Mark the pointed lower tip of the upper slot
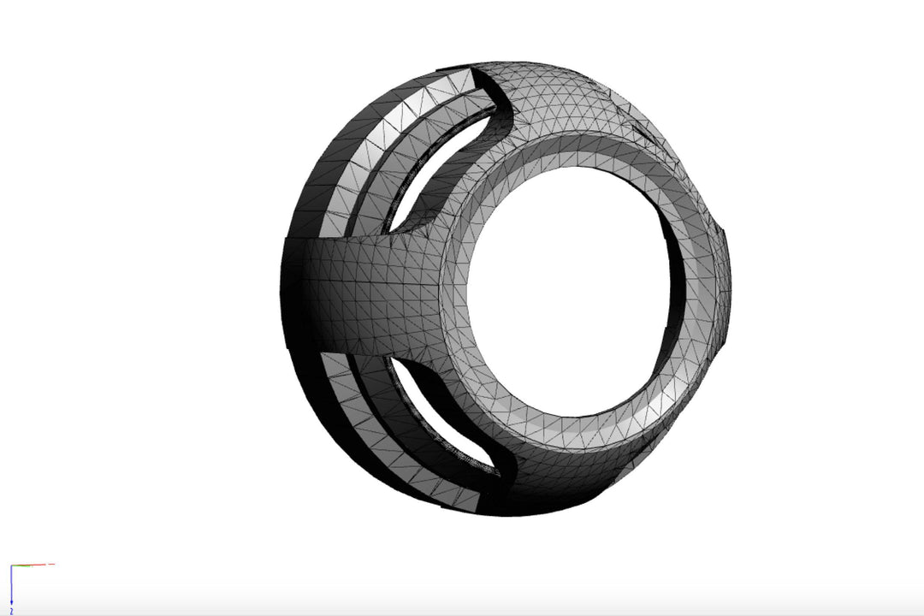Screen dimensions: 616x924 [x=390, y=230]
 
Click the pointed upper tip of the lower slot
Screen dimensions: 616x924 [x=393, y=359]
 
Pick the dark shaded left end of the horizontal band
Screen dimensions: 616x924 [x=295, y=291]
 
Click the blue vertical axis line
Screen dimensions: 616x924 [x=11, y=586]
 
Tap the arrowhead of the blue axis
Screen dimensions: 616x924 [x=11, y=604]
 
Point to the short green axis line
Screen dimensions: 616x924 [x=21, y=566]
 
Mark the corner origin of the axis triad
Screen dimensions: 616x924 [x=11, y=566]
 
